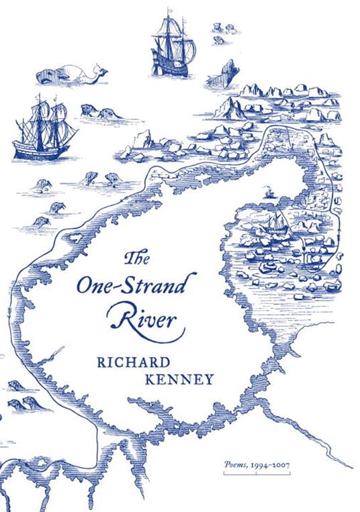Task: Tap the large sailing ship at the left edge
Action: pyautogui.click(x=42, y=132)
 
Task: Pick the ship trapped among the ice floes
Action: pyautogui.click(x=274, y=226)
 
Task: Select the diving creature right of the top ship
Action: pyautogui.click(x=226, y=74)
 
